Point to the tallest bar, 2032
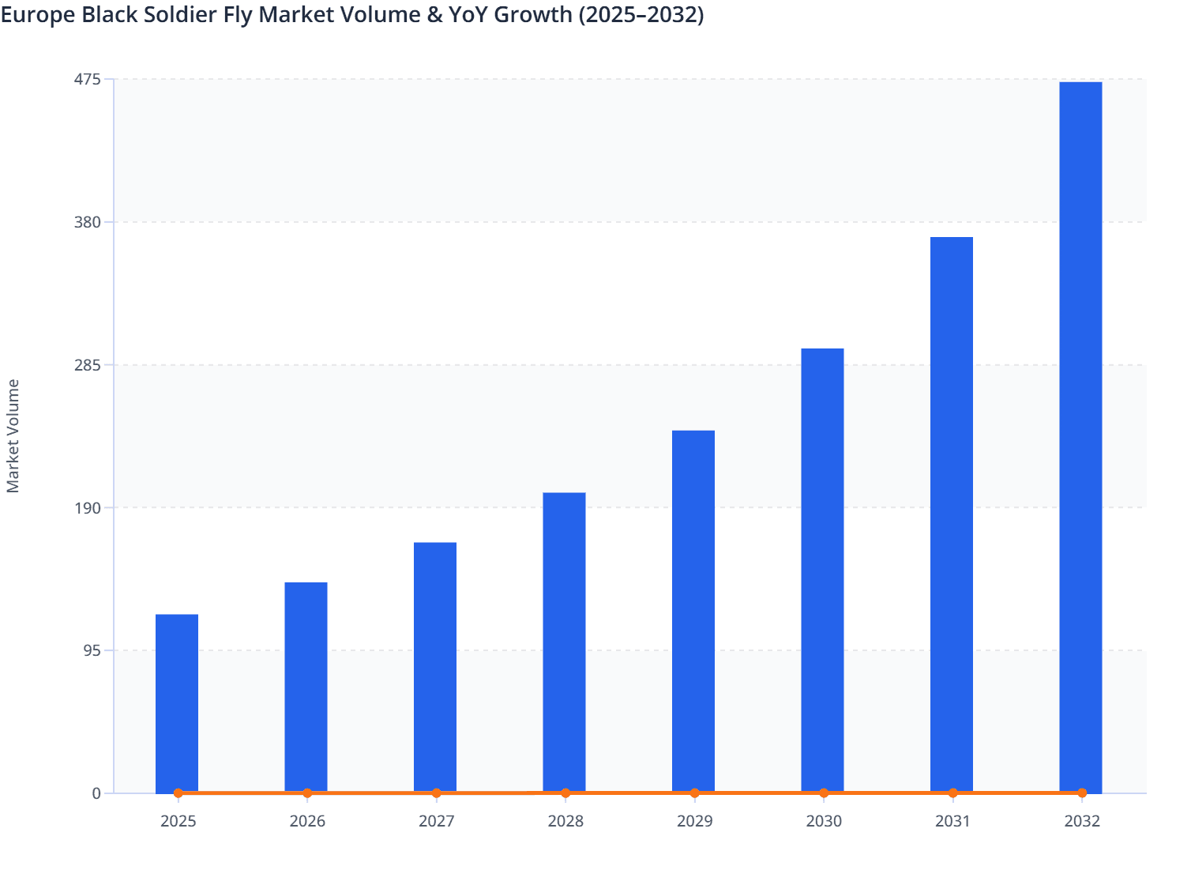pos(1080,436)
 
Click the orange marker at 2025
pos(178,793)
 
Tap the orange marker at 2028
pos(565,793)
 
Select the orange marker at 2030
pos(824,793)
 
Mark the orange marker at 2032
pos(1082,793)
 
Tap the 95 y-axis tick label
pos(92,650)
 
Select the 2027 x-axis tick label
pos(436,822)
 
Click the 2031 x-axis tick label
pos(952,822)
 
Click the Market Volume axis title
pos(13,436)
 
